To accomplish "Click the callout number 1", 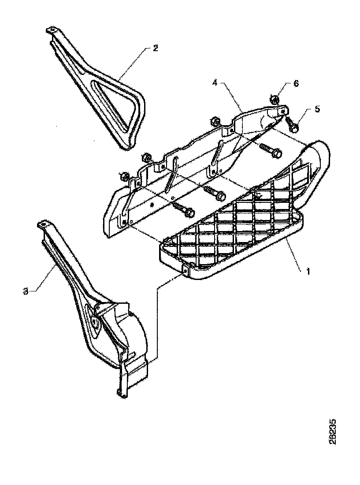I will (308, 272).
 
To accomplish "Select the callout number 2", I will (155, 48).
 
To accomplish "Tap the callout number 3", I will (26, 291).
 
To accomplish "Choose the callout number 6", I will (296, 84).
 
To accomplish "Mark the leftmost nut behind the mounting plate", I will (124, 177).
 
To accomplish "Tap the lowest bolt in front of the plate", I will (184, 210).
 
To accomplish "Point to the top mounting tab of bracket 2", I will (51, 30).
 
